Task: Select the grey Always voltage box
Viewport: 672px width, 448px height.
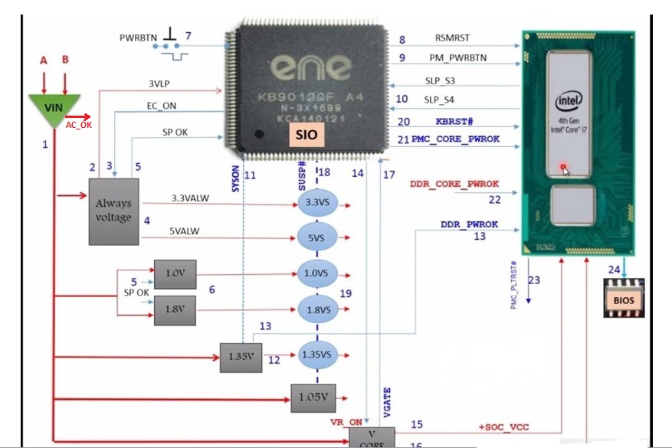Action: click(113, 211)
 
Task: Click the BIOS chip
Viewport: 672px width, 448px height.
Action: click(624, 300)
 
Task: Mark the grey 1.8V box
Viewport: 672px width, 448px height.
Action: click(175, 311)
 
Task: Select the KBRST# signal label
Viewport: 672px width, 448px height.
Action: click(455, 121)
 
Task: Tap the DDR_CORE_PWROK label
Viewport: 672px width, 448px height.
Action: click(454, 184)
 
